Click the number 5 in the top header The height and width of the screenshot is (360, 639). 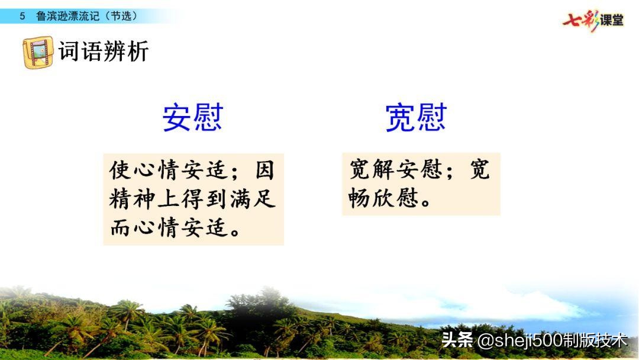click(x=22, y=16)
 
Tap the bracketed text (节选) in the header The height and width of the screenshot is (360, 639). click(x=121, y=16)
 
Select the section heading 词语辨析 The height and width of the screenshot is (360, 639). click(x=104, y=52)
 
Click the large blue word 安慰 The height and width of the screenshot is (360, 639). click(x=192, y=118)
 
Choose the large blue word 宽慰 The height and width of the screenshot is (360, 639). click(x=415, y=118)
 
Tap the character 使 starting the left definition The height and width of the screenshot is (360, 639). click(x=119, y=171)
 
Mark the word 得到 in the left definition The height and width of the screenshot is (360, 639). click(x=205, y=200)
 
